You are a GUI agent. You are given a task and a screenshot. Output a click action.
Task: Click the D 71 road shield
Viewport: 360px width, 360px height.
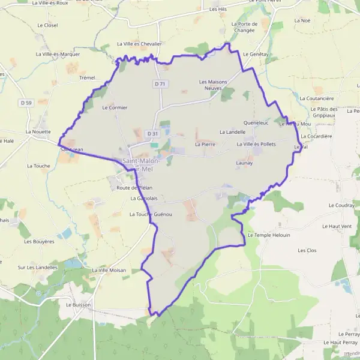[159, 84]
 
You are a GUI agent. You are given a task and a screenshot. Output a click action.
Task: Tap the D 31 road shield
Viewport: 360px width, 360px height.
[154, 133]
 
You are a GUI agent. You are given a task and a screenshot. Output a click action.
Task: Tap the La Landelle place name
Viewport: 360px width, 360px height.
[232, 131]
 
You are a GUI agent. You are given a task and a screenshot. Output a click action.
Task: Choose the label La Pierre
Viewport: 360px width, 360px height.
[205, 145]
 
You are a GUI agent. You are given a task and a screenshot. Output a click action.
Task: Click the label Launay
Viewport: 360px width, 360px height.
[244, 163]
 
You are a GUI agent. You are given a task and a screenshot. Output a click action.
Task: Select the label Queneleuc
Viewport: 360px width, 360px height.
[256, 122]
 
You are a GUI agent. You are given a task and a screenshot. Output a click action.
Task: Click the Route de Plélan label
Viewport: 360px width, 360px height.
[130, 188]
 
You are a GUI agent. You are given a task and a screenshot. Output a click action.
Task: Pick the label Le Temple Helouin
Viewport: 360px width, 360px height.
[268, 235]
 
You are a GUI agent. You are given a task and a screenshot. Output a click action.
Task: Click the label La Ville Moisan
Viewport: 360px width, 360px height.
[109, 270]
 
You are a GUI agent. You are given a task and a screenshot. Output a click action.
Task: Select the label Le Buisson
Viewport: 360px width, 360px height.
[77, 304]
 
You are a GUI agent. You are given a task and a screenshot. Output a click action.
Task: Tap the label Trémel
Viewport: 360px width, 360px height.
[87, 78]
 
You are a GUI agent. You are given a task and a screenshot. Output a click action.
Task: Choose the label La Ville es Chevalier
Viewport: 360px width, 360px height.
[139, 44]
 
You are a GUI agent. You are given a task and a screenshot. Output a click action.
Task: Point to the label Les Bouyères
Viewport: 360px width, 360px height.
[39, 241]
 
